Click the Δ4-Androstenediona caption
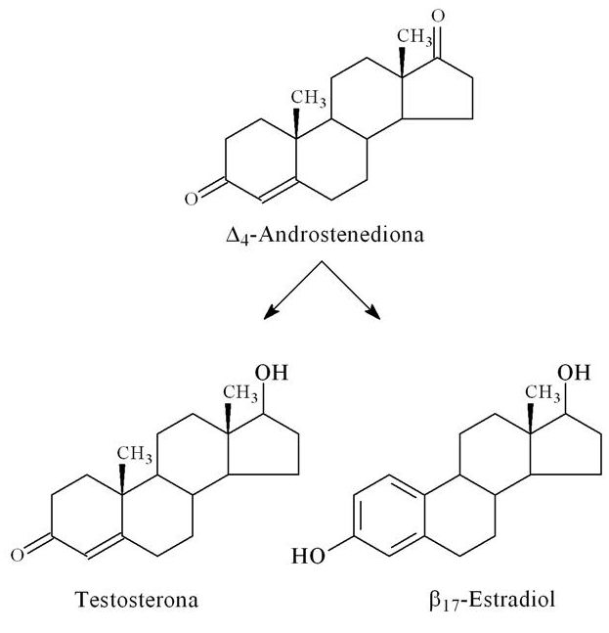pyautogui.click(x=326, y=235)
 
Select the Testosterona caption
pyautogui.click(x=137, y=600)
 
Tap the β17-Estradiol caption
pyautogui.click(x=492, y=600)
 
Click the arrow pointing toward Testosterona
pyautogui.click(x=293, y=291)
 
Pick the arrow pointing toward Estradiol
pyautogui.click(x=351, y=291)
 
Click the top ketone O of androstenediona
pyautogui.click(x=438, y=17)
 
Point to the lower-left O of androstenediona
pyautogui.click(x=192, y=199)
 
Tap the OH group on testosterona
pyautogui.click(x=272, y=372)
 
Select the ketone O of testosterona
pyautogui.click(x=18, y=556)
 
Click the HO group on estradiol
pyautogui.click(x=308, y=556)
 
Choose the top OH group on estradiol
pyautogui.click(x=574, y=372)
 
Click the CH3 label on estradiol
pyautogui.click(x=543, y=393)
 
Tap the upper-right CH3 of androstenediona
pyautogui.click(x=414, y=37)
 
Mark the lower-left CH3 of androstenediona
pyautogui.click(x=309, y=99)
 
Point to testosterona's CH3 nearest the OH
pyautogui.click(x=240, y=393)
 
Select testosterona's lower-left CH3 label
pyautogui.click(x=135, y=454)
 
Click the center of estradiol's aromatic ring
pyautogui.click(x=389, y=516)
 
